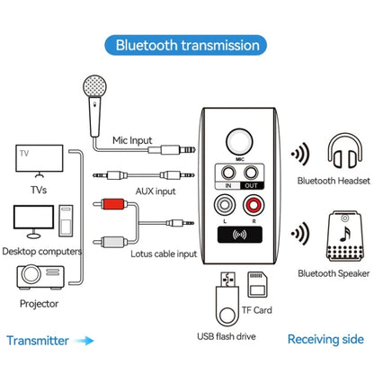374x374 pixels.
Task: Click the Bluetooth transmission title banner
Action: click(187, 44)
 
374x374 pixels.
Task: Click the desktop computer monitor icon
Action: click(33, 218)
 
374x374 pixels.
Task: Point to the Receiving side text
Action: click(325, 341)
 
